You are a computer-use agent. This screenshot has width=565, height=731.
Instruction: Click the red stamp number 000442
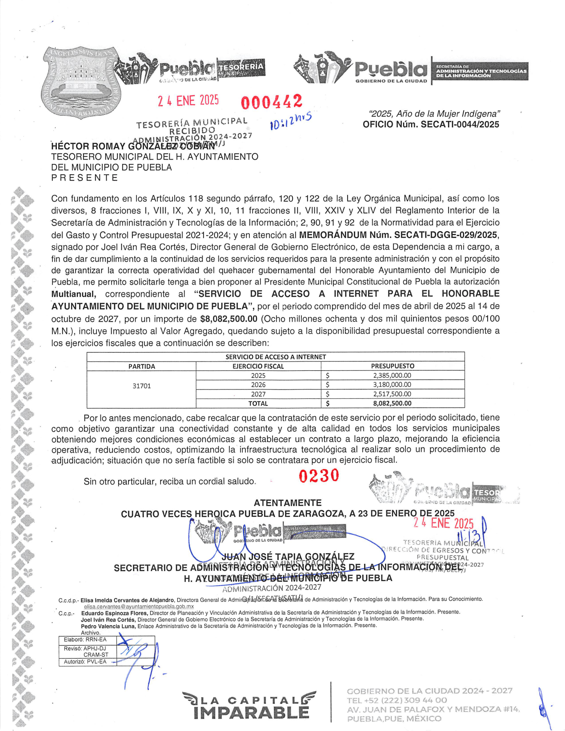click(272, 102)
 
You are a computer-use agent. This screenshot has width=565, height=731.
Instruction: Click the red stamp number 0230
click(319, 476)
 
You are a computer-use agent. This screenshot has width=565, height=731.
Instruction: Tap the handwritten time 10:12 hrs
click(291, 121)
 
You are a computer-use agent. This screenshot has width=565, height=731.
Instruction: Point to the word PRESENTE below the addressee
click(84, 178)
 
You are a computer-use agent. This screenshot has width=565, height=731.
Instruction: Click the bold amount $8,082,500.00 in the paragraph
click(228, 319)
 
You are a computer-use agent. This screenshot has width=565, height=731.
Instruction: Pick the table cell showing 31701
click(141, 386)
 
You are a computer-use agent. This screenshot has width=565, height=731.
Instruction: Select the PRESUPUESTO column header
click(393, 366)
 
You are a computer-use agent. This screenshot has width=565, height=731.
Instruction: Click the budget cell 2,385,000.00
click(392, 375)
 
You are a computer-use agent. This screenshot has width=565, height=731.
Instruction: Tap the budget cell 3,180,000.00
click(392, 385)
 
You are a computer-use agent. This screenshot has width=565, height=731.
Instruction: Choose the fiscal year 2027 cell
click(258, 394)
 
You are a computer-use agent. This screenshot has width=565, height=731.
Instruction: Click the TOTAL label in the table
click(258, 404)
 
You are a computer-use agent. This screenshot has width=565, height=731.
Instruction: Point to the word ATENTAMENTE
click(287, 503)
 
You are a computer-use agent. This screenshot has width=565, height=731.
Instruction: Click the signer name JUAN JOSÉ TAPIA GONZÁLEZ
click(288, 557)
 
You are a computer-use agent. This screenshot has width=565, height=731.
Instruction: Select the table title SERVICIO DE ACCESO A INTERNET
click(276, 357)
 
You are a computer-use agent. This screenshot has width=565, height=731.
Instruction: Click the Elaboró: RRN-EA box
click(85, 639)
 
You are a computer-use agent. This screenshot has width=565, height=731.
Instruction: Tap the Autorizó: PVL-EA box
click(85, 662)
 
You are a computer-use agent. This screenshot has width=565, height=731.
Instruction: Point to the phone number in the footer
click(397, 700)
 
